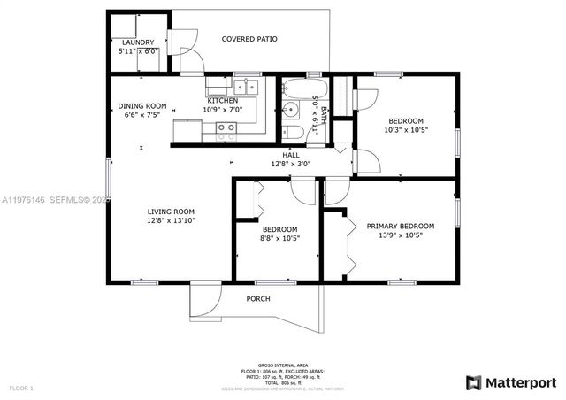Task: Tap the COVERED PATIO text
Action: tap(249, 40)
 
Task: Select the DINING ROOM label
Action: tap(142, 106)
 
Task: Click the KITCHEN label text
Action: tap(222, 101)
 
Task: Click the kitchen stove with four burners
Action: tap(226, 131)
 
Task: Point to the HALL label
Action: tap(291, 155)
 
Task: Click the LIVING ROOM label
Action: tap(171, 212)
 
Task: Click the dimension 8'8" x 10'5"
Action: tap(280, 237)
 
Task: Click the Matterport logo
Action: tap(511, 381)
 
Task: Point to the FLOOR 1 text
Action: tap(21, 388)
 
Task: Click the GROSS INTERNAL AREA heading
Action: tap(283, 365)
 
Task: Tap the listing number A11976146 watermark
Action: tap(24, 200)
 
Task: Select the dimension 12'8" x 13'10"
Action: tap(171, 221)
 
